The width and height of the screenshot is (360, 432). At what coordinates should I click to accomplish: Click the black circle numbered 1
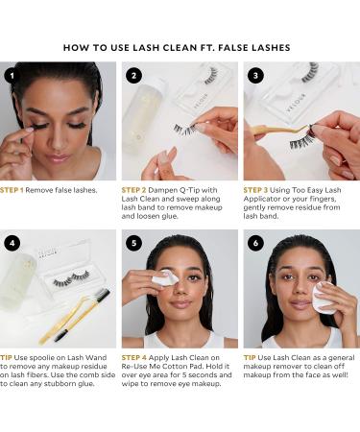pyautogui.click(x=12, y=76)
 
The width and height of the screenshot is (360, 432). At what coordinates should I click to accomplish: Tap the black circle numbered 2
pyautogui.click(x=133, y=76)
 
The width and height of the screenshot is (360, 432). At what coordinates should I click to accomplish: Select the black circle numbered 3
pyautogui.click(x=255, y=76)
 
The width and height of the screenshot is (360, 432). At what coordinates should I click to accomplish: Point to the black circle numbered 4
pyautogui.click(x=12, y=243)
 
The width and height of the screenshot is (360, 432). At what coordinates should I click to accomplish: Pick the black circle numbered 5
pyautogui.click(x=133, y=243)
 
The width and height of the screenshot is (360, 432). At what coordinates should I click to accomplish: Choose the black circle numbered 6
pyautogui.click(x=255, y=243)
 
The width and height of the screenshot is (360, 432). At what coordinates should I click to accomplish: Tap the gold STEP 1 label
pyautogui.click(x=12, y=190)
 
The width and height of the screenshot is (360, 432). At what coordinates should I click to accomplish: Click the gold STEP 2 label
pyautogui.click(x=133, y=190)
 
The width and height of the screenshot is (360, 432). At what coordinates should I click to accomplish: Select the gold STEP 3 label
pyautogui.click(x=255, y=190)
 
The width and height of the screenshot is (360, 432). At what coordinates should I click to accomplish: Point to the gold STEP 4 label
pyautogui.click(x=134, y=357)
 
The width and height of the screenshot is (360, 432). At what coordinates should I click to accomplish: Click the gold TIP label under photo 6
pyautogui.click(x=250, y=357)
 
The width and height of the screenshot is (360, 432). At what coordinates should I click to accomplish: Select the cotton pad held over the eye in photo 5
pyautogui.click(x=165, y=277)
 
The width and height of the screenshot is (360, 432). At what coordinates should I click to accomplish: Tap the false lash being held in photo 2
pyautogui.click(x=185, y=129)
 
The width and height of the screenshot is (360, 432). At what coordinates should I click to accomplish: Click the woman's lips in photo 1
pyautogui.click(x=58, y=157)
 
